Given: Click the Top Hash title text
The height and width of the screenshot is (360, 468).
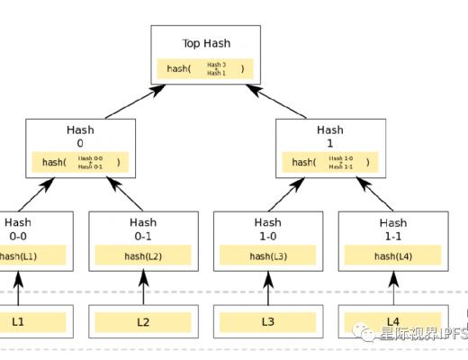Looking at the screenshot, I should point(205,42).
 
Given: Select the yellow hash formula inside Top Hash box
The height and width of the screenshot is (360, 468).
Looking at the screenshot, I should point(205,68).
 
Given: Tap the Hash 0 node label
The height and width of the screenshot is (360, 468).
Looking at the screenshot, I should point(80,136).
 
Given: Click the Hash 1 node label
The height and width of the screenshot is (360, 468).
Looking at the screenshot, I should point(329,136).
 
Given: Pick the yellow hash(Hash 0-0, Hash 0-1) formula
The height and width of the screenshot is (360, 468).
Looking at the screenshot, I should point(80,162).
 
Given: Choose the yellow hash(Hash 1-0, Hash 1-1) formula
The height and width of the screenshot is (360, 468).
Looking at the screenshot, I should point(329,162).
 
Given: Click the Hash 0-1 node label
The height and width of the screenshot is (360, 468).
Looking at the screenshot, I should point(142,228).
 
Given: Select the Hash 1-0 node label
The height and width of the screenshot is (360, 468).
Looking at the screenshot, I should point(267,228).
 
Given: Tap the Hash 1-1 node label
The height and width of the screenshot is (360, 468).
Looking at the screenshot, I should point(392,228).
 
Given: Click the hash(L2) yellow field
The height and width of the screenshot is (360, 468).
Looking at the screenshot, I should point(142,256).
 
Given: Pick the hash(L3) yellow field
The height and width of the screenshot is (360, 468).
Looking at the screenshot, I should point(267,256).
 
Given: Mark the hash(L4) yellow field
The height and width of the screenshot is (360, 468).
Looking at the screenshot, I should point(392,256).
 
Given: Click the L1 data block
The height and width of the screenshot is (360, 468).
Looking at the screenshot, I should point(20,321).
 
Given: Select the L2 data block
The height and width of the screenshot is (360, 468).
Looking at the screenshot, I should point(142,321).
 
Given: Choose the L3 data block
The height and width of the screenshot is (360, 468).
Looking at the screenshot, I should point(267,321).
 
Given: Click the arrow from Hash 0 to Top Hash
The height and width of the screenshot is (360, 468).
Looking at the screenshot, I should point(135,103).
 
